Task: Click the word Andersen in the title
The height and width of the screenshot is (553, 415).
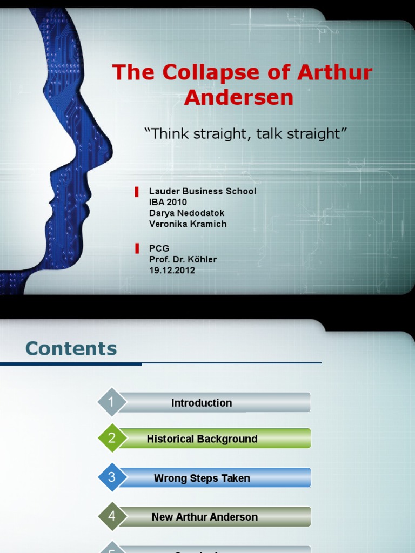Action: pyautogui.click(x=239, y=97)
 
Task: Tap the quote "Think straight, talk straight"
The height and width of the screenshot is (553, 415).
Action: pyautogui.click(x=245, y=133)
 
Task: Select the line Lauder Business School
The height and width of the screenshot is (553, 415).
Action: pyautogui.click(x=202, y=191)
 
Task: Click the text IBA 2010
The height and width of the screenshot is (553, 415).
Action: pyautogui.click(x=168, y=202)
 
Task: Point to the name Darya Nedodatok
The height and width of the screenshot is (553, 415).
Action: pyautogui.click(x=186, y=213)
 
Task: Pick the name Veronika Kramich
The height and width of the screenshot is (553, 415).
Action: pyautogui.click(x=188, y=224)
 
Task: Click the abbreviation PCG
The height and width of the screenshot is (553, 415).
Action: pyautogui.click(x=159, y=248)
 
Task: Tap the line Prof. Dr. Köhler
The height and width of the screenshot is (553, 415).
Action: pyautogui.click(x=183, y=259)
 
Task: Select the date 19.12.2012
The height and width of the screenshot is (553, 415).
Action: pyautogui.click(x=172, y=270)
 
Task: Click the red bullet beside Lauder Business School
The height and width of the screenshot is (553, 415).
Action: pyautogui.click(x=137, y=192)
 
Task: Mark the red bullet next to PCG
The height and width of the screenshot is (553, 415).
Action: pyautogui.click(x=137, y=249)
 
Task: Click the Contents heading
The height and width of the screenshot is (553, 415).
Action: pyautogui.click(x=71, y=349)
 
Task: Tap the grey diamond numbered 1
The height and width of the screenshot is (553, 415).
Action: pyautogui.click(x=112, y=402)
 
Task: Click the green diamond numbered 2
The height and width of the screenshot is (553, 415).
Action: pyautogui.click(x=112, y=439)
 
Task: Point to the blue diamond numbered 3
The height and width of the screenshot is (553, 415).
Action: pyautogui.click(x=112, y=477)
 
